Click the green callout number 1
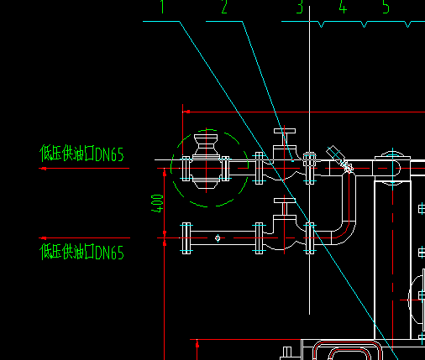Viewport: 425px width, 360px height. (162, 7)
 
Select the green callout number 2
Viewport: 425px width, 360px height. (224, 7)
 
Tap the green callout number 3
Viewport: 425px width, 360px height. (300, 7)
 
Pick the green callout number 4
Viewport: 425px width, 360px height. (343, 7)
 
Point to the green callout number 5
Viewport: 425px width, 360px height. (386, 7)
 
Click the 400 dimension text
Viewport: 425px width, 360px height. (157, 203)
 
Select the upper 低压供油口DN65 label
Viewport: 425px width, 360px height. (81, 154)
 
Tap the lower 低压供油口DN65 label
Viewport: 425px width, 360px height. (81, 252)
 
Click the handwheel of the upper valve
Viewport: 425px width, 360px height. (285, 131)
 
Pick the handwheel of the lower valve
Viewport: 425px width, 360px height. (285, 201)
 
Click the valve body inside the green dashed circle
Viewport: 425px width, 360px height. (206, 162)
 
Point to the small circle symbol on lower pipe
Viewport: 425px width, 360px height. (218, 238)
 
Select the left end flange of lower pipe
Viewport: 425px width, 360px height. (186, 238)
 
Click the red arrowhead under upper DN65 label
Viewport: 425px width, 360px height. (44, 169)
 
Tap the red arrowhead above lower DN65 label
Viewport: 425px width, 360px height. (44, 238)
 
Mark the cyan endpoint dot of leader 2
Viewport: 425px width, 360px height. (293, 161)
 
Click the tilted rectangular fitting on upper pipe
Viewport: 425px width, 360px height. (335, 154)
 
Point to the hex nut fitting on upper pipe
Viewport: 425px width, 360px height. (309, 159)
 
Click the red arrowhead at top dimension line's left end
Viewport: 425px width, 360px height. (186, 112)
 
